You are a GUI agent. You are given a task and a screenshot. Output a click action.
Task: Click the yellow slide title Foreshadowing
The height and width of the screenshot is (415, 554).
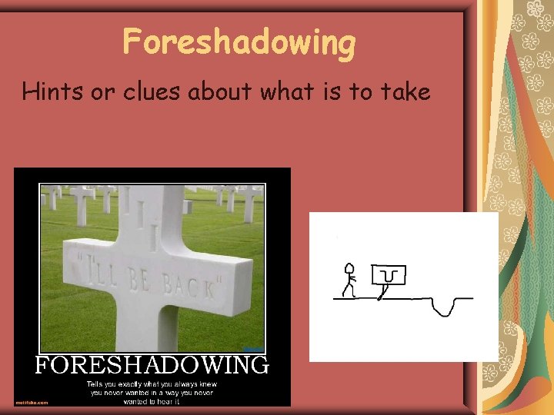[x=239, y=42]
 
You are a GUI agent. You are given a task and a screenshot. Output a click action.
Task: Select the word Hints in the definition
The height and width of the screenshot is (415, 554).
[x=47, y=92]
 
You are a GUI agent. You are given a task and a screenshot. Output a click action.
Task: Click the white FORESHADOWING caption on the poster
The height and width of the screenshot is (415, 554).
[x=152, y=364]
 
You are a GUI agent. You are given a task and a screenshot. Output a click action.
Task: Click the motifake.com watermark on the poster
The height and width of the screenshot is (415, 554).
[x=32, y=402]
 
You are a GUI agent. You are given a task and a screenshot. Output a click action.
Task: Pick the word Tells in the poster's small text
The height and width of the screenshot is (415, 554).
[x=95, y=383]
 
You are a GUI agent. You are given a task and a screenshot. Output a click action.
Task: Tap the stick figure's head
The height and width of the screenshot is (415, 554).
[x=349, y=269]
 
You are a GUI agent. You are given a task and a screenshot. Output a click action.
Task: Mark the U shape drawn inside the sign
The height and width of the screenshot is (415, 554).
[x=389, y=274]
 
